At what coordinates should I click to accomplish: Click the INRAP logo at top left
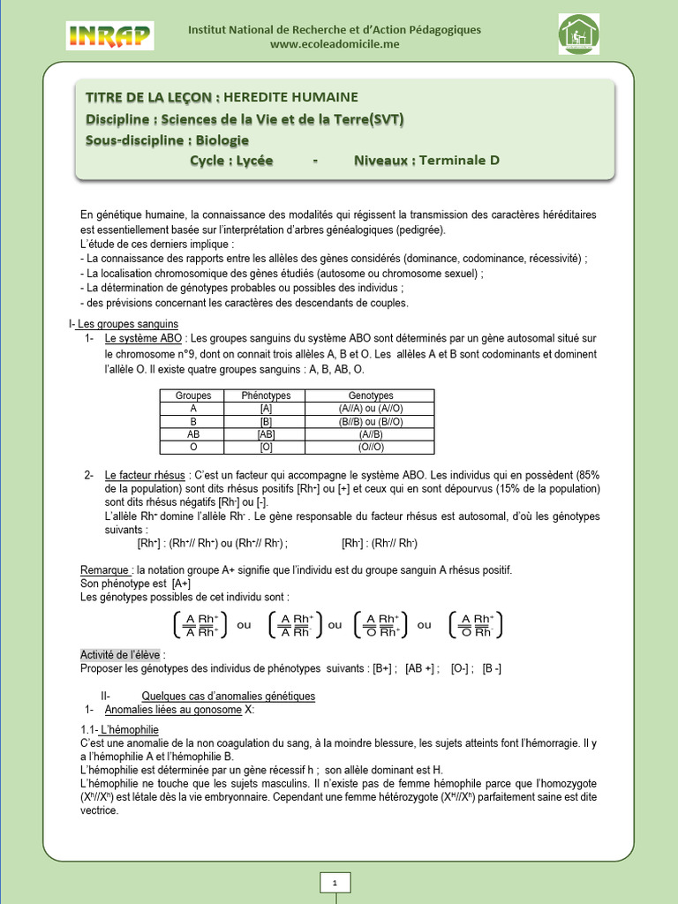pyautogui.click(x=109, y=36)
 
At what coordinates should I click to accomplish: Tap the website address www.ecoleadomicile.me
pyautogui.click(x=335, y=44)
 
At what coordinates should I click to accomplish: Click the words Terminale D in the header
pyautogui.click(x=459, y=161)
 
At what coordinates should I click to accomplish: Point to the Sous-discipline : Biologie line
pyautogui.click(x=168, y=139)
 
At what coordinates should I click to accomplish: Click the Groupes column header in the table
pyautogui.click(x=193, y=395)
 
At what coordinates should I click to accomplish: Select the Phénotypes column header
pyautogui.click(x=266, y=395)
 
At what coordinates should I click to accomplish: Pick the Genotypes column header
pyautogui.click(x=371, y=395)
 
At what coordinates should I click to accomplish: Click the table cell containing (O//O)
pyautogui.click(x=371, y=448)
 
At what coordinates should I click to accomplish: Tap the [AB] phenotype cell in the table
pyautogui.click(x=266, y=434)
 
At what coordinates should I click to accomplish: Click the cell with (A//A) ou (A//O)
pyautogui.click(x=371, y=409)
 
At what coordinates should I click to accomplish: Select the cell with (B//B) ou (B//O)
pyautogui.click(x=371, y=422)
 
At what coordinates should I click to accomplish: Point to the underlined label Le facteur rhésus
pyautogui.click(x=145, y=476)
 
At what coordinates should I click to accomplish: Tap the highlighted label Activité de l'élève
pyautogui.click(x=123, y=654)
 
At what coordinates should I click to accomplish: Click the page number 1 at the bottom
pyautogui.click(x=335, y=882)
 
